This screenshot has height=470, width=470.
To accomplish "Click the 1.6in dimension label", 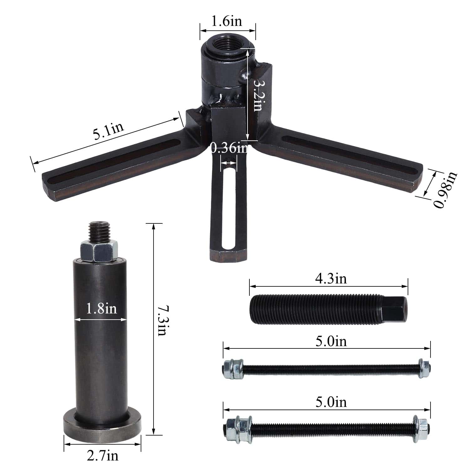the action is [227, 21].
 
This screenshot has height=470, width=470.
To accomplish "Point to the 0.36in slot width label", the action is [229, 148].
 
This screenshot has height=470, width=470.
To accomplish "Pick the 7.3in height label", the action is [162, 321].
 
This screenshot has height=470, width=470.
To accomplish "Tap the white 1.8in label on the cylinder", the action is [101, 309].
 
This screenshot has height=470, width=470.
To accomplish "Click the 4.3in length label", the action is [331, 279].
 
